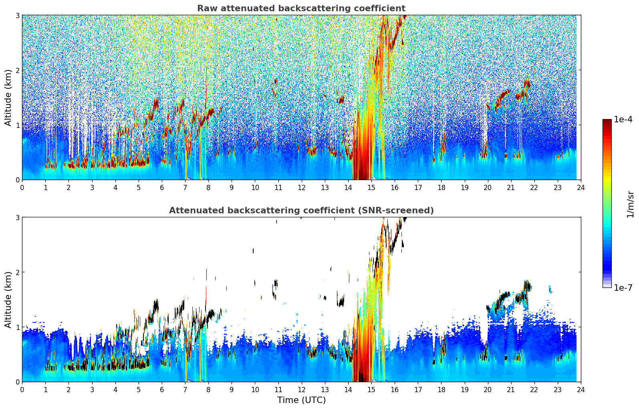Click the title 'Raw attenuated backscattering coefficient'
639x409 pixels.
coord(301,8)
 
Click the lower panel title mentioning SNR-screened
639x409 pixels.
coord(301,211)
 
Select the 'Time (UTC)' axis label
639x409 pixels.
coord(301,400)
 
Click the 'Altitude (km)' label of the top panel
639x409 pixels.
coord(8,97)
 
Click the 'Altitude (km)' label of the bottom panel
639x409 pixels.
coord(8,300)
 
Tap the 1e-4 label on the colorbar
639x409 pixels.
coord(623,119)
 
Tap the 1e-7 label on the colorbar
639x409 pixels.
coord(623,288)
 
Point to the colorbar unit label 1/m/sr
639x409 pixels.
coord(630,204)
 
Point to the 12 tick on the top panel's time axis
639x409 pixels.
coord(301,187)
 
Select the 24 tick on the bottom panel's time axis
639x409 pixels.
coord(581,389)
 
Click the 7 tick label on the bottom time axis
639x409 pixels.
coord(185,389)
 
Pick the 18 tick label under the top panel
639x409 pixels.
coord(441,187)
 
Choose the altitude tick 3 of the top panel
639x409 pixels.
coord(17,15)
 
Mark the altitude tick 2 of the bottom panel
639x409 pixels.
coord(17,272)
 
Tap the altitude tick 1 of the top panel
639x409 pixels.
coord(17,125)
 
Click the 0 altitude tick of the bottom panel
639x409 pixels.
coord(17,382)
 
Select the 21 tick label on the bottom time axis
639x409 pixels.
coord(511,389)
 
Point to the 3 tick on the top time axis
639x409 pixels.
coord(92,187)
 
